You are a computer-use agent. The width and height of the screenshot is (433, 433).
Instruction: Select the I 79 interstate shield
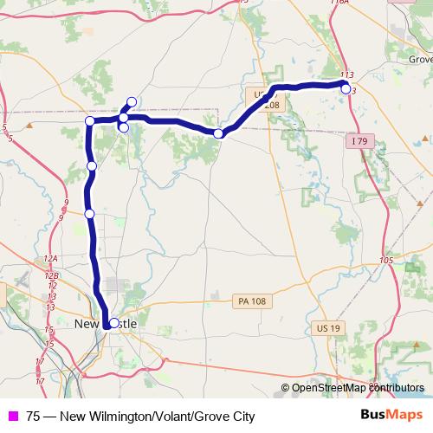[x=361, y=140]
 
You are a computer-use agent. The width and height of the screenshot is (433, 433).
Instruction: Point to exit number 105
[x=386, y=260]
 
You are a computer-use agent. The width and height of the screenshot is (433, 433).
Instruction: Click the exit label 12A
[x=51, y=259]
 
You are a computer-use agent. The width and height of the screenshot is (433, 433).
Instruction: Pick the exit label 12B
[x=52, y=275]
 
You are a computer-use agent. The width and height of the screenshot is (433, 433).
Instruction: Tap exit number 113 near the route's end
[x=348, y=76]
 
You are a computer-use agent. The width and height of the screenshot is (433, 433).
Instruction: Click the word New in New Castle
[x=87, y=324]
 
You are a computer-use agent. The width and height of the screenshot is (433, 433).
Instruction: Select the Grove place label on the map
[x=419, y=60]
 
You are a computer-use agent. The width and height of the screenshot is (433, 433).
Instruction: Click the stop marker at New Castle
[x=113, y=323]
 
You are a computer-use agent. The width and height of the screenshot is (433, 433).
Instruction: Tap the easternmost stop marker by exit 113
[x=346, y=89]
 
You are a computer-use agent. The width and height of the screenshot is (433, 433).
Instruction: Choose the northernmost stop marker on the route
[x=132, y=101]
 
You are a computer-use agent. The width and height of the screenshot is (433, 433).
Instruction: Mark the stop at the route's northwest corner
[x=90, y=120]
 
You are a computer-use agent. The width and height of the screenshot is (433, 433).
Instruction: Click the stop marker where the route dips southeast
[x=218, y=133]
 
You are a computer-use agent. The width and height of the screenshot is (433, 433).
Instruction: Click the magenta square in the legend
[x=12, y=416]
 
